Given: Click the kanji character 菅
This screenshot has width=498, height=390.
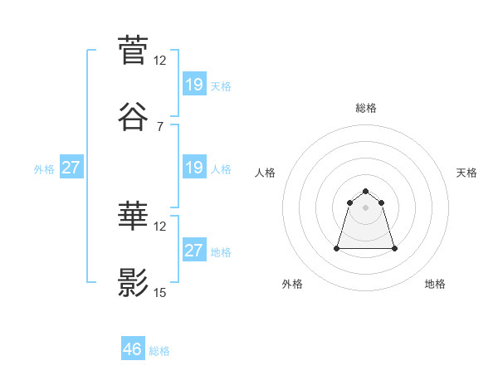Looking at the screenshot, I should click(x=133, y=50).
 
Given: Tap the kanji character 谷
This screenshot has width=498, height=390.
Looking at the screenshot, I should click(x=133, y=118).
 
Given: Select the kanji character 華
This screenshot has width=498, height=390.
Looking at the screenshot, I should click(x=133, y=217).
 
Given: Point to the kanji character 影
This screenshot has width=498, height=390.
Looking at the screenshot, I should click(x=133, y=284).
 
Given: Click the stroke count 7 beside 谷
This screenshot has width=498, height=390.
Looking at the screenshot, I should click(x=160, y=127).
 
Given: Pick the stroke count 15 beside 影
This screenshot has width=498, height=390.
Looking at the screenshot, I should click(x=160, y=292).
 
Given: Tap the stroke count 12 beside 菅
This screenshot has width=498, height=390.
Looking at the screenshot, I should click(x=160, y=60).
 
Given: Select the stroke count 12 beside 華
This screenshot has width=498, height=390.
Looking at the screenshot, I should click(x=160, y=226).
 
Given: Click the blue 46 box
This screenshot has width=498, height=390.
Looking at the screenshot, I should click(x=133, y=349).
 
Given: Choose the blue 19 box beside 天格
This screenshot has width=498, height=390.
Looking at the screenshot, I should click(x=193, y=84).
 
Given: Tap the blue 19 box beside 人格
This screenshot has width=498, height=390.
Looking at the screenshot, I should click(x=193, y=168).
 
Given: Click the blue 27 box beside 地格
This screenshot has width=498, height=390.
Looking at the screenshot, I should click(x=193, y=251).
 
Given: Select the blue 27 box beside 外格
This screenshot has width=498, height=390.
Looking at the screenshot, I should click(x=71, y=168).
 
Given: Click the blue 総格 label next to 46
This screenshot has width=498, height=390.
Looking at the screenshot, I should click(x=159, y=351).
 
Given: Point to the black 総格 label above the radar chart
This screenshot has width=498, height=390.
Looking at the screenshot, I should click(x=366, y=108).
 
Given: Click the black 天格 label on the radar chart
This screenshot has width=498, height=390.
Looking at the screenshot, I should click(x=467, y=173).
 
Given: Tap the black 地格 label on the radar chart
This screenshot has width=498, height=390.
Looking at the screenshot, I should click(x=435, y=284).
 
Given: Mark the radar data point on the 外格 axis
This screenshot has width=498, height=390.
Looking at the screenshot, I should click(x=338, y=248).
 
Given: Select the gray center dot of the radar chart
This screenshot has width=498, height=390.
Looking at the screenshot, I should click(x=366, y=207).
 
